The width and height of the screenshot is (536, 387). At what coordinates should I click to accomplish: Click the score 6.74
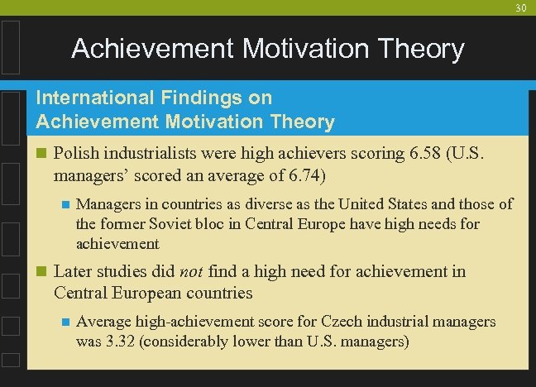click(304, 175)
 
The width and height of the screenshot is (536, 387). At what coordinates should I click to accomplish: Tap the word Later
click(73, 271)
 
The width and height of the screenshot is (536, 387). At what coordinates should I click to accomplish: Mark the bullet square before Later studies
click(41, 271)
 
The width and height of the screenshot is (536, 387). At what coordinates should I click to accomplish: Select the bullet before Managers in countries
click(64, 203)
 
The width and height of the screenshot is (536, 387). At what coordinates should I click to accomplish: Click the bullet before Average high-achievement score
click(64, 321)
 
